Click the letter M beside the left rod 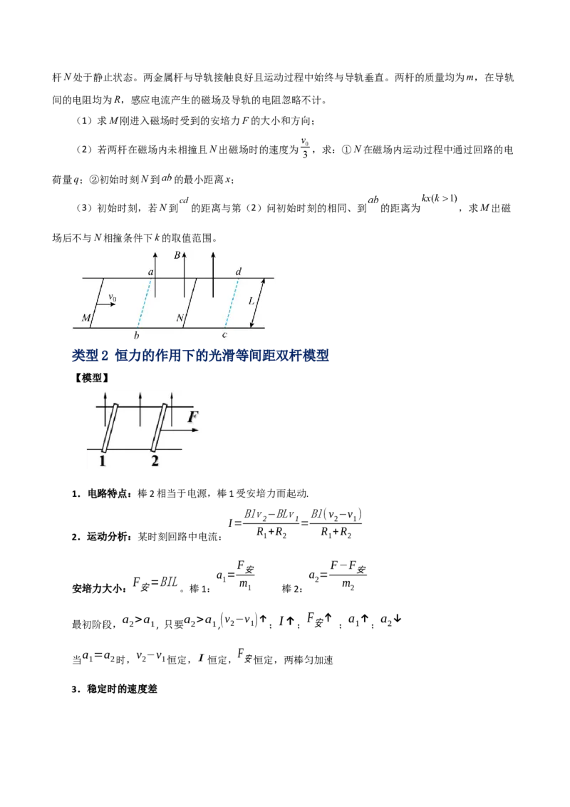(86, 318)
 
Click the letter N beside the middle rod (180, 318)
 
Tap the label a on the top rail (151, 271)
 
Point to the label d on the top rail (238, 271)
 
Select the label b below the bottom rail (137, 336)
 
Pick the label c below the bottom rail (224, 335)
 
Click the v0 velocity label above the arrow (112, 297)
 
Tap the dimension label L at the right (252, 301)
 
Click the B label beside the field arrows (177, 255)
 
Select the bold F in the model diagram (193, 416)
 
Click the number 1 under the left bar (103, 461)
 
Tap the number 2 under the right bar (155, 461)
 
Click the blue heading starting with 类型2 (200, 355)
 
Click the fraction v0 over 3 (305, 148)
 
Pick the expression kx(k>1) (439, 198)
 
